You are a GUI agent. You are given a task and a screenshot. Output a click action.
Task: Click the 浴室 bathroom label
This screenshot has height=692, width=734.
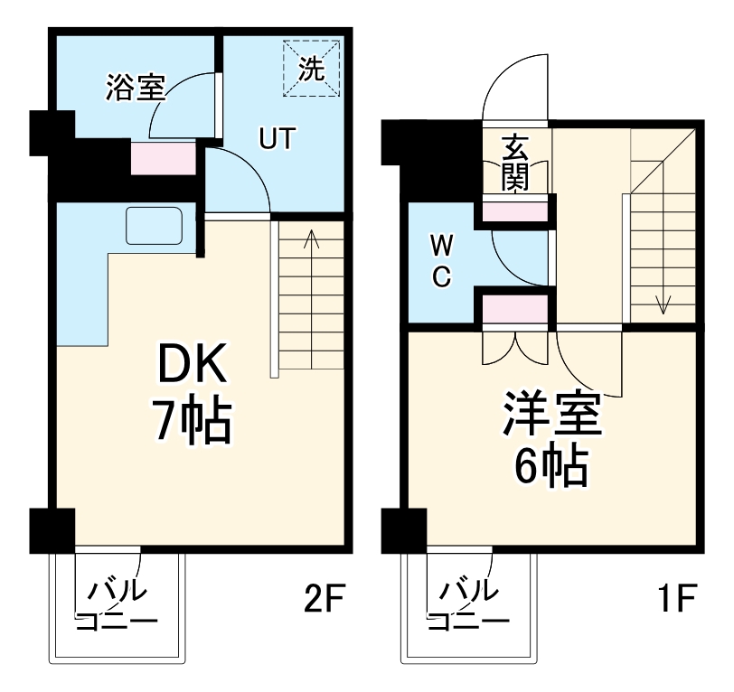[136, 89]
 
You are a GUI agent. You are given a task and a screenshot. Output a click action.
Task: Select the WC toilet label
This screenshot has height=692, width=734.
[439, 261]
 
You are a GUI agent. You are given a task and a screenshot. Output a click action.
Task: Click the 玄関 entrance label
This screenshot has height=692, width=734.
[515, 163]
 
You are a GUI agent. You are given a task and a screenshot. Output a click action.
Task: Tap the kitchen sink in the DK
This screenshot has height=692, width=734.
[155, 226]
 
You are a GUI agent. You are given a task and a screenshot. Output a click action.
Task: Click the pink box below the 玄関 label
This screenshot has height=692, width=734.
[514, 211]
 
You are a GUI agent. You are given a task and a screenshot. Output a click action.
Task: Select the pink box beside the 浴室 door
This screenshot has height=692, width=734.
[164, 159]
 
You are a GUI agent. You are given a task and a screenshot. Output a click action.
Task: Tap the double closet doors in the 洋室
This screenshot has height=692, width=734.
[515, 347]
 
